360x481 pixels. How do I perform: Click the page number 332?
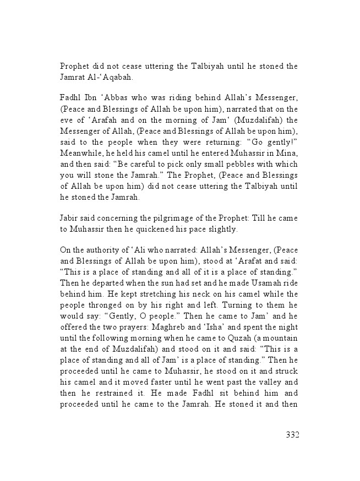tap(292, 435)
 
